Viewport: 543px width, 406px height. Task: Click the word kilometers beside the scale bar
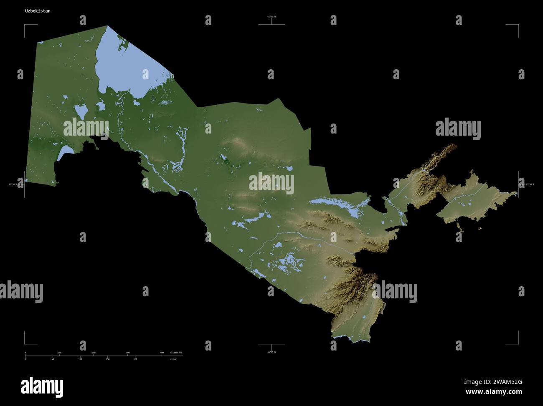[x=176, y=353]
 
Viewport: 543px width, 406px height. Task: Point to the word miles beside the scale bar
[x=173, y=359]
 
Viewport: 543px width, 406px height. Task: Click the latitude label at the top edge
[x=271, y=17]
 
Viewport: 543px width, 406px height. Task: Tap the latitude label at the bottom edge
[x=271, y=352]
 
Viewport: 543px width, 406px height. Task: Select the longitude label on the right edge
[x=530, y=184]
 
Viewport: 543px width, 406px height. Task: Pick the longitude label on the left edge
[x=13, y=184]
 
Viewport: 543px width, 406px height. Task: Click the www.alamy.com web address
[x=494, y=392]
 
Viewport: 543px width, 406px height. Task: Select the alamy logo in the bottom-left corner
[x=42, y=387]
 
